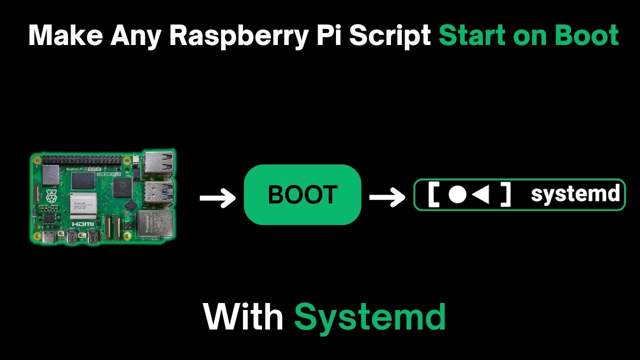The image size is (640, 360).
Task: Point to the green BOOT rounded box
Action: pyautogui.click(x=302, y=194)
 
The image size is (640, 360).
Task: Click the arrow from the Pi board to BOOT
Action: pyautogui.click(x=217, y=198)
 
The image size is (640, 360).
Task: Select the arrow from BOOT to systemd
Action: pyautogui.click(x=387, y=197)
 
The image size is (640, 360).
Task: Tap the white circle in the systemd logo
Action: pyautogui.click(x=457, y=194)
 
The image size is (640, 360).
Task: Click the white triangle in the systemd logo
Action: pyautogui.click(x=481, y=194)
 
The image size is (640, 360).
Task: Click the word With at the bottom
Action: pyautogui.click(x=243, y=317)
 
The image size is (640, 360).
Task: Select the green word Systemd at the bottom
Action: pyautogui.click(x=369, y=317)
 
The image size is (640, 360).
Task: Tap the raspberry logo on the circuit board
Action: pyautogui.click(x=51, y=196)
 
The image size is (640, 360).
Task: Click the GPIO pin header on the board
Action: pyautogui.click(x=82, y=159)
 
